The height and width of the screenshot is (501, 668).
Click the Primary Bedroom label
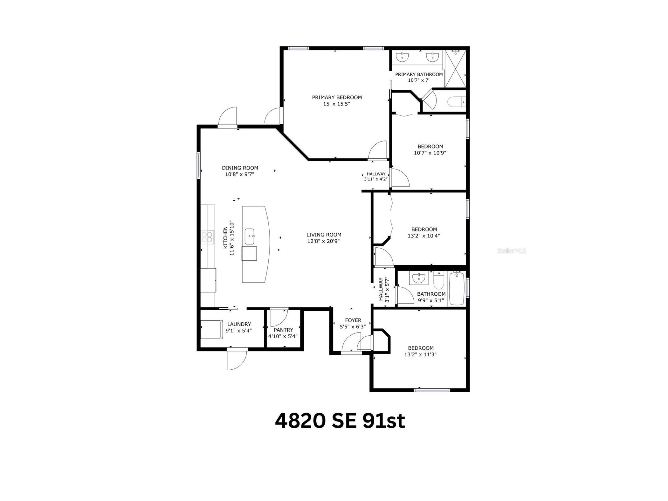coord(337,97)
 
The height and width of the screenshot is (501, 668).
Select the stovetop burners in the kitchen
coord(207,237)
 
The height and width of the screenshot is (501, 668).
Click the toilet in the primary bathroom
coord(456,102)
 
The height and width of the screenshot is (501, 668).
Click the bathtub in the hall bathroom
coord(457,288)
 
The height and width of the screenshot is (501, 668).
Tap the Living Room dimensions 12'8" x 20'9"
coord(324,241)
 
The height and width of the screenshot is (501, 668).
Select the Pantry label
coord(283,330)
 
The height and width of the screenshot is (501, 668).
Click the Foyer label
coord(353,320)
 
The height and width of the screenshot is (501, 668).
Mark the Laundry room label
coord(239,324)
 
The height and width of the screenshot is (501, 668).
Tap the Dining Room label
coord(240,168)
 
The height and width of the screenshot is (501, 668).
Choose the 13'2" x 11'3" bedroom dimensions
coord(420,354)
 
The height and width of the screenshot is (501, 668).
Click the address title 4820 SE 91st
coord(340,421)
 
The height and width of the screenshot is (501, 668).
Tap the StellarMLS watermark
coord(511,251)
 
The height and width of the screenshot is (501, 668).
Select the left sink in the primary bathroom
coord(402,57)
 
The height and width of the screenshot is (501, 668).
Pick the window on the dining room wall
coord(198,165)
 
